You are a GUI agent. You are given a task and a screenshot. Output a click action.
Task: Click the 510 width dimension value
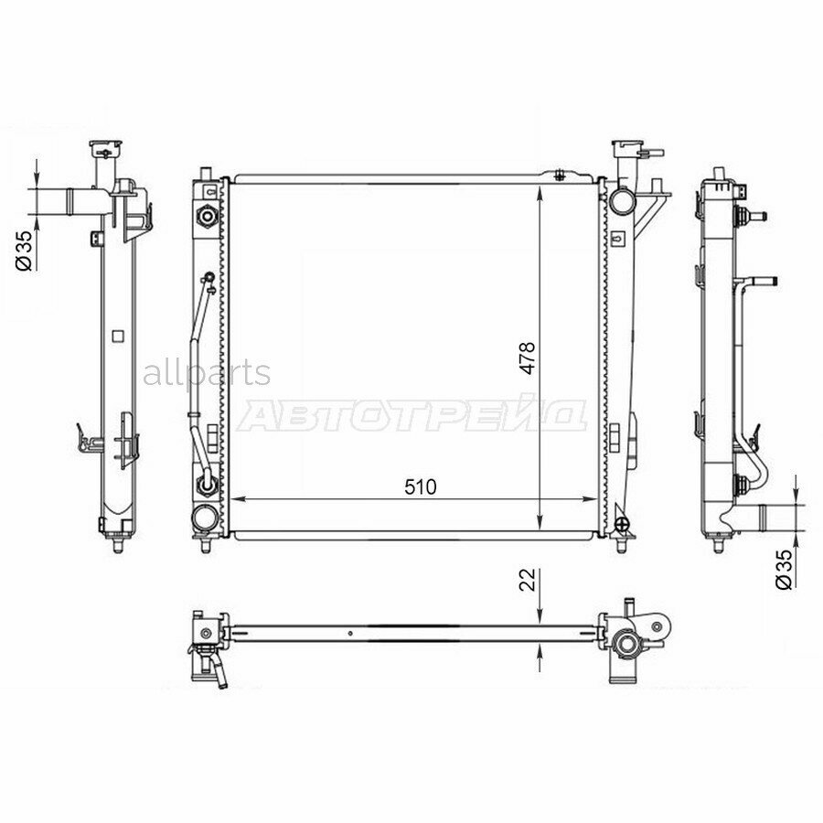[x=421, y=487]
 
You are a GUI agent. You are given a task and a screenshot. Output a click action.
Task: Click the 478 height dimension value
[x=528, y=358]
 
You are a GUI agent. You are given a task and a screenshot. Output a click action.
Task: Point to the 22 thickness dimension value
[x=528, y=580]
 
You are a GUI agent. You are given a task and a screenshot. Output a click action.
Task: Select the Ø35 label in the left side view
[x=24, y=251]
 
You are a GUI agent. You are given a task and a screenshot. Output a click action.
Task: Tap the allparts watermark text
[x=207, y=373]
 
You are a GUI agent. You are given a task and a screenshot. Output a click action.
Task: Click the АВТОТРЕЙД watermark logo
[x=412, y=415]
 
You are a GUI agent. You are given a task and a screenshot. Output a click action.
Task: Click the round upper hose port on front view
[x=623, y=200]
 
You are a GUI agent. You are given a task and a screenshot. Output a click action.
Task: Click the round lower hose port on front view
[x=205, y=518]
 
